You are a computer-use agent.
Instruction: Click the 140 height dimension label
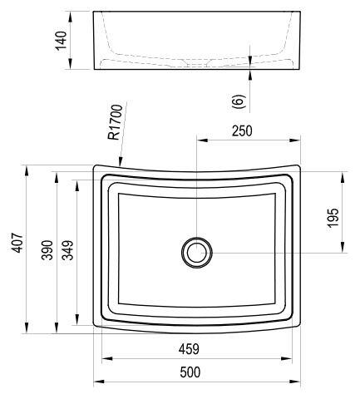[62, 41]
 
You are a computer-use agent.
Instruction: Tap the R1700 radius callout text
[116, 122]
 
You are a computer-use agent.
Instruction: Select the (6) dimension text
[239, 101]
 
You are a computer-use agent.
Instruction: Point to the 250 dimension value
[242, 131]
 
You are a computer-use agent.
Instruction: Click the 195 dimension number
[333, 218]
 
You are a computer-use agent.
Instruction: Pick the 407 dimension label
[17, 243]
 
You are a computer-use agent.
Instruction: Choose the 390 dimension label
[47, 250]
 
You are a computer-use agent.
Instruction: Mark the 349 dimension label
[67, 250]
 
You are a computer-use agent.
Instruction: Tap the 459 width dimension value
[189, 349]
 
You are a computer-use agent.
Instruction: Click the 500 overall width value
[190, 372]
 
